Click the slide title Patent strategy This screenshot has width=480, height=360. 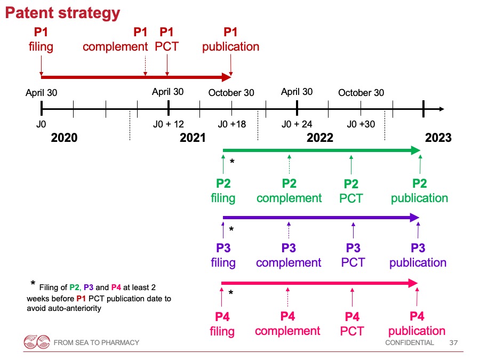click(x=62, y=13)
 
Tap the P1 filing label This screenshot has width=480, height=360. click(x=41, y=39)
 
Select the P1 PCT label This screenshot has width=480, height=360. click(x=166, y=39)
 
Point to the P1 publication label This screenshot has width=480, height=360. click(x=230, y=39)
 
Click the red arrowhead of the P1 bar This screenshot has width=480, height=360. click(x=227, y=77)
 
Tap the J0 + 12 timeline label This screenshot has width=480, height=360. click(x=169, y=124)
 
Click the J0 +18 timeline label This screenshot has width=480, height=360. click(x=232, y=124)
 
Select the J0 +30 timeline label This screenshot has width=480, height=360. click(x=361, y=124)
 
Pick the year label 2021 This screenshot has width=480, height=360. click(x=193, y=138)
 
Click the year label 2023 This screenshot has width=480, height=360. click(x=438, y=138)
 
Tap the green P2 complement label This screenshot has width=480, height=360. click(x=289, y=191)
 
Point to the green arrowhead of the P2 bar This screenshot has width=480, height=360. click(x=415, y=150)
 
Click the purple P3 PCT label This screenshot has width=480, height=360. click(x=353, y=255)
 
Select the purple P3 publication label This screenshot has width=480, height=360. click(x=418, y=255)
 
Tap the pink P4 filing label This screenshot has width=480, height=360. click(x=222, y=324)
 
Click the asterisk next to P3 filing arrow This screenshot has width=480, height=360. click(x=231, y=229)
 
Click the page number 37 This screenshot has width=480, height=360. click(x=453, y=342)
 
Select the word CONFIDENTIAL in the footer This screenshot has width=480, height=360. click(x=409, y=342)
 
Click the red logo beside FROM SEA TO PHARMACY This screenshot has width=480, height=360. click(x=37, y=342)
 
